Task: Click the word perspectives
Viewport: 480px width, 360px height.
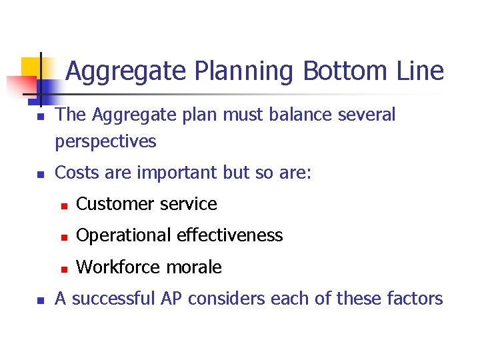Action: (105, 142)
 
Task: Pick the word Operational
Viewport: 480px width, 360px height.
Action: (123, 235)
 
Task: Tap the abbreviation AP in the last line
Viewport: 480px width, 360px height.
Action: (171, 299)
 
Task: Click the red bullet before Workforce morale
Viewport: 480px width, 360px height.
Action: (61, 269)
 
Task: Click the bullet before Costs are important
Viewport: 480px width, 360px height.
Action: (40, 174)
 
